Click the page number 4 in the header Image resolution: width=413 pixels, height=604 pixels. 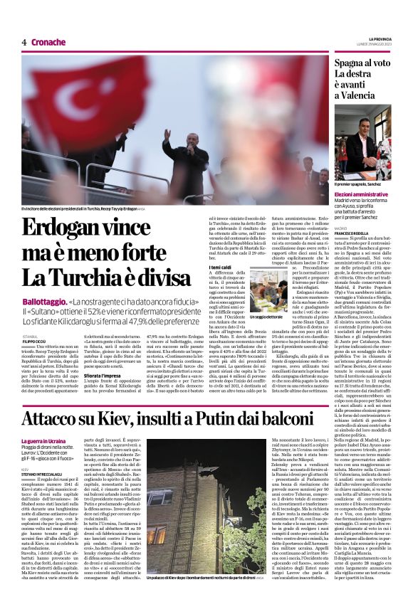coord(23,43)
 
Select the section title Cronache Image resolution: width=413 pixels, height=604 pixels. coord(48,43)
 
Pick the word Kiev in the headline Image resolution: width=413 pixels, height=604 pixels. coord(130,418)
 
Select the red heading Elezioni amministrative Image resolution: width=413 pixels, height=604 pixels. coord(361,194)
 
